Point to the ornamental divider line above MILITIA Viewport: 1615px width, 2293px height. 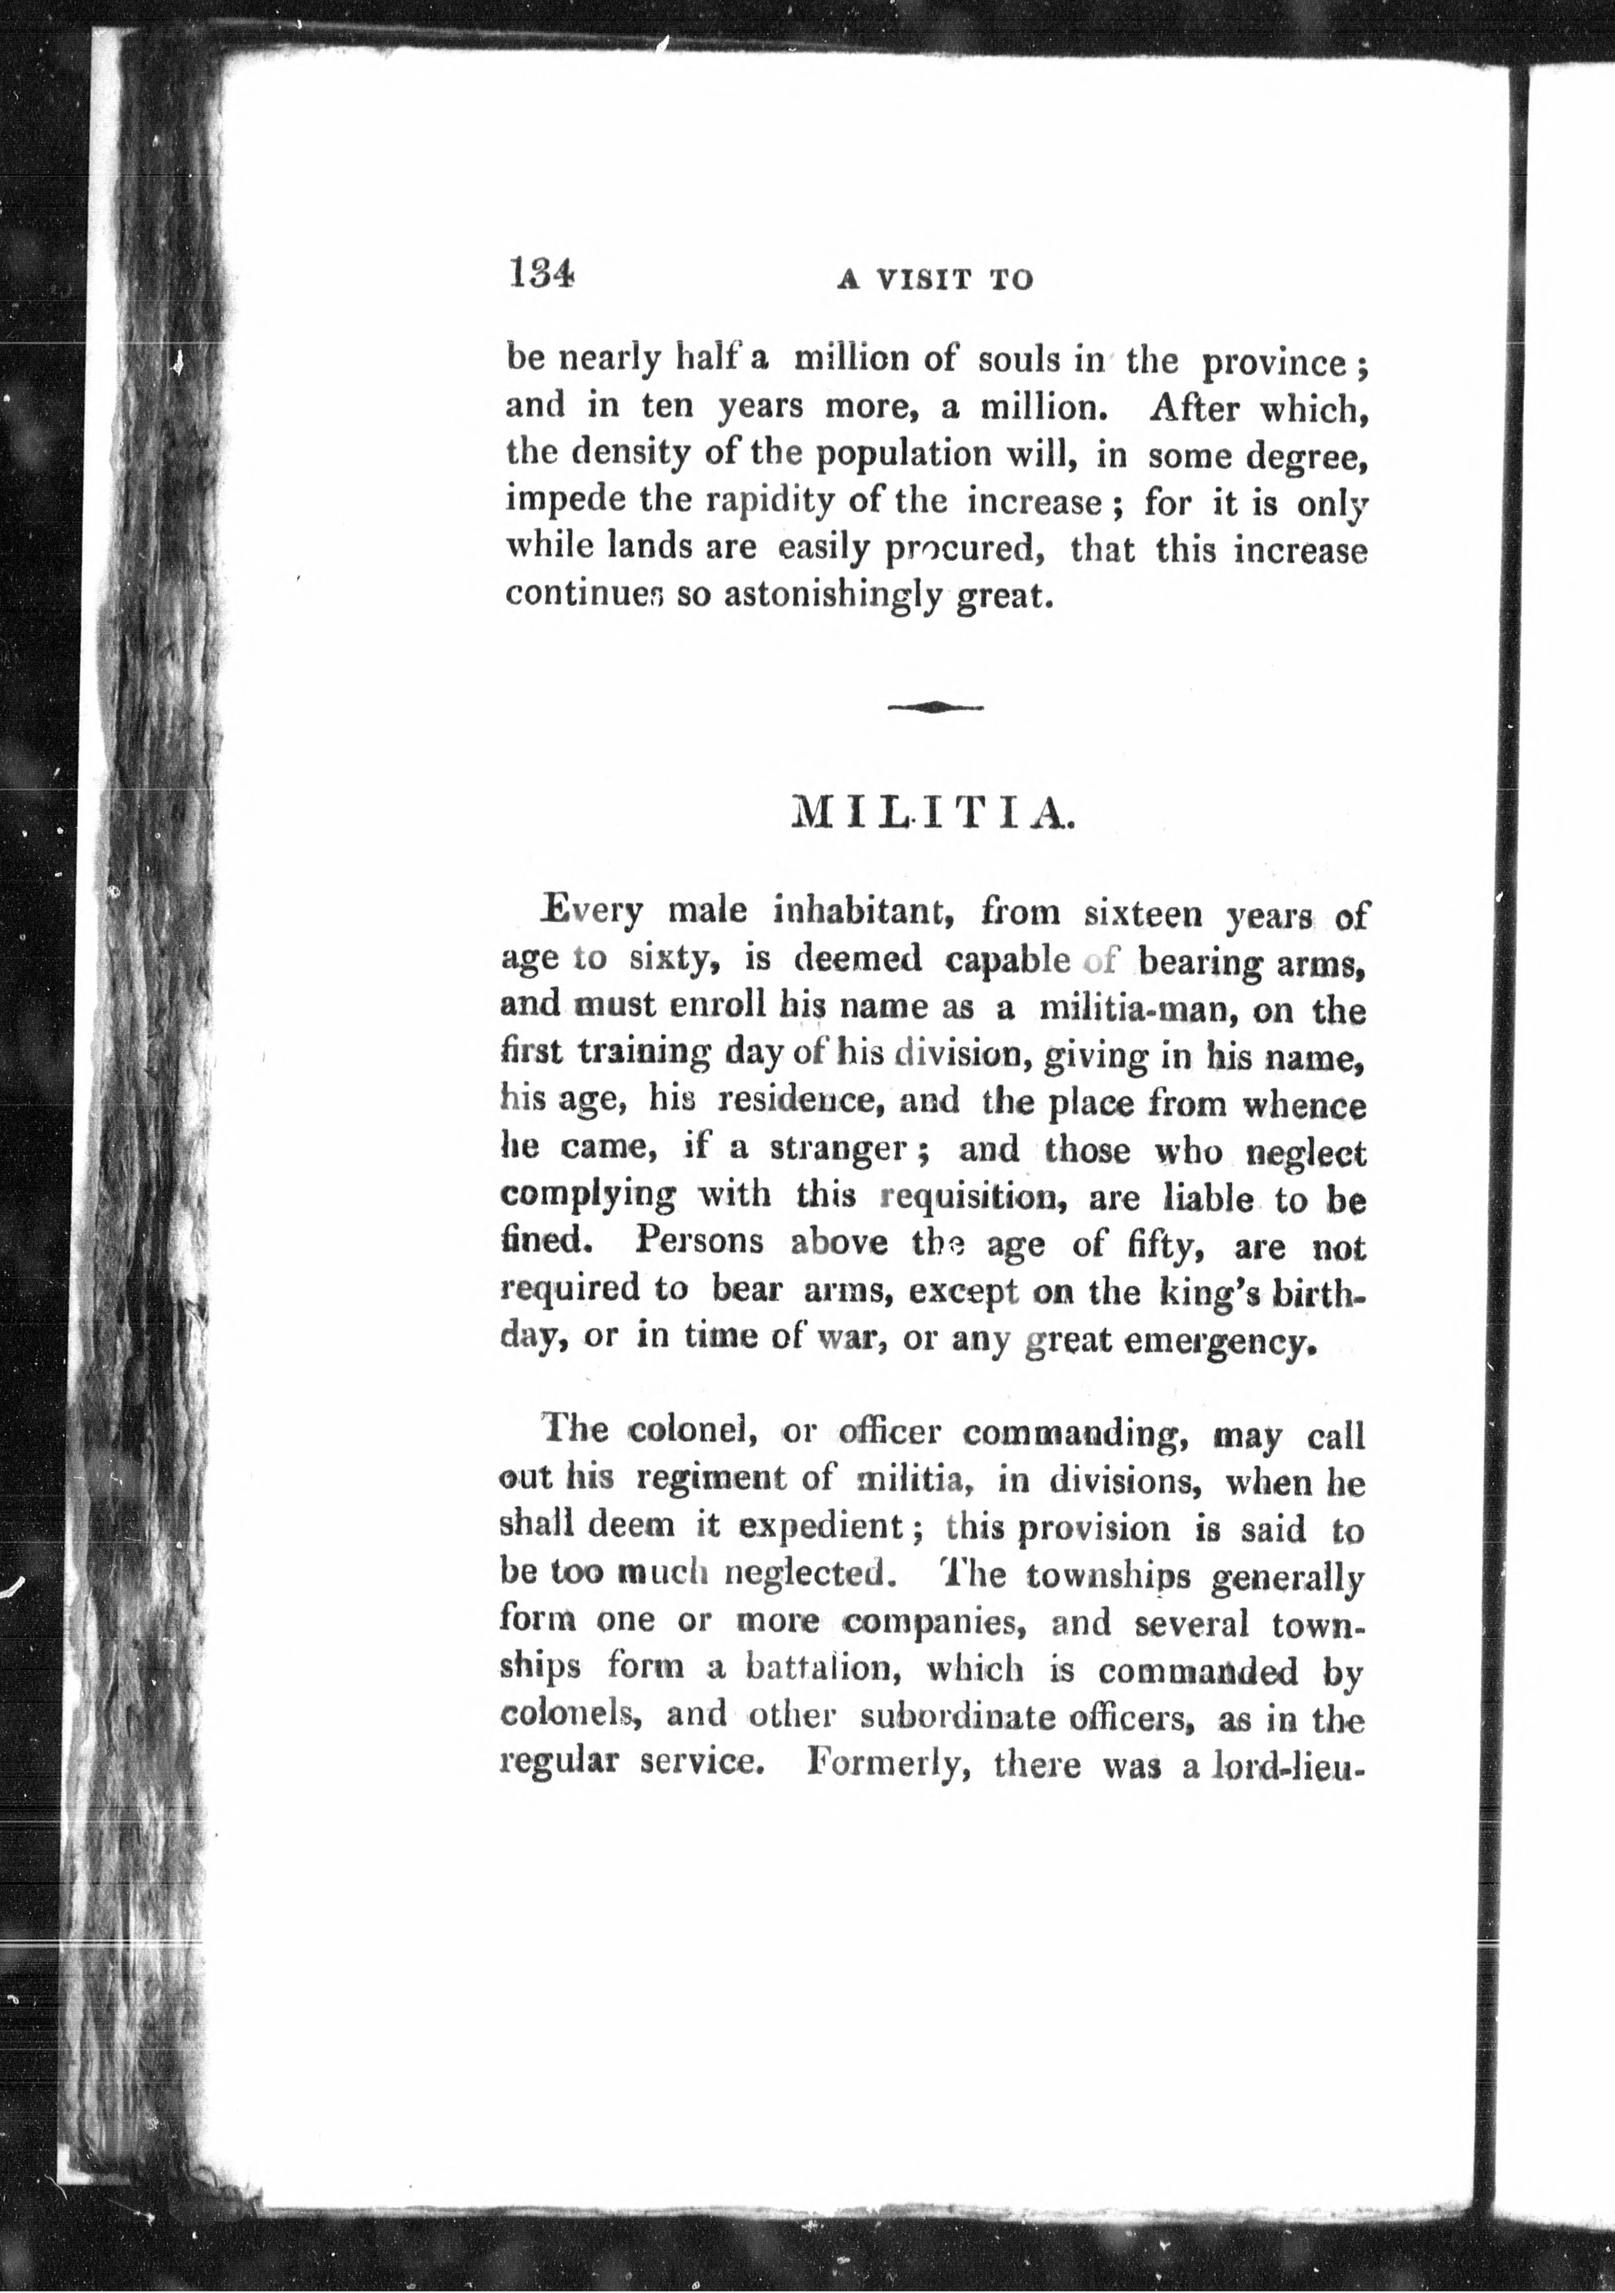[935, 707]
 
